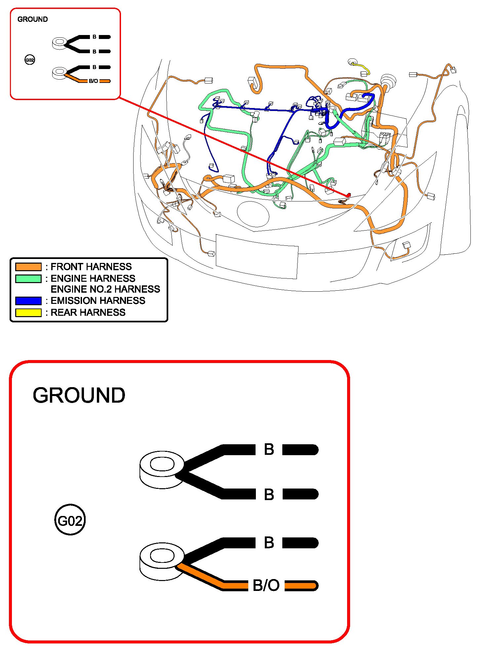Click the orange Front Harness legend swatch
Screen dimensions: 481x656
[x=28, y=267]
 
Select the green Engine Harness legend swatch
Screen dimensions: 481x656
[x=28, y=278]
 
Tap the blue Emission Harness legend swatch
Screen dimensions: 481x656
[x=28, y=301]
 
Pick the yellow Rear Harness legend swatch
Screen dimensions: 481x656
[x=28, y=312]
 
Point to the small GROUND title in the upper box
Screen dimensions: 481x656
[x=32, y=19]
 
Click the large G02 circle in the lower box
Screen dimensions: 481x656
[x=70, y=521]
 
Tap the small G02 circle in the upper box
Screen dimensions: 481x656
[x=30, y=60]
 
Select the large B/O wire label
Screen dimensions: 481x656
[x=266, y=585]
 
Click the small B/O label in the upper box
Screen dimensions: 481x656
[x=93, y=81]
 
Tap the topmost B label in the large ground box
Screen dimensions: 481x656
[x=269, y=450]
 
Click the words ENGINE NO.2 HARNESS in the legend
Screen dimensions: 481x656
[x=105, y=289]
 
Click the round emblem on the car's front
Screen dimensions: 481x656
[x=253, y=214]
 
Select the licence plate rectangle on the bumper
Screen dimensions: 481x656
[x=257, y=256]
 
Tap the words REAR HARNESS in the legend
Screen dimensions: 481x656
[x=88, y=312]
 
